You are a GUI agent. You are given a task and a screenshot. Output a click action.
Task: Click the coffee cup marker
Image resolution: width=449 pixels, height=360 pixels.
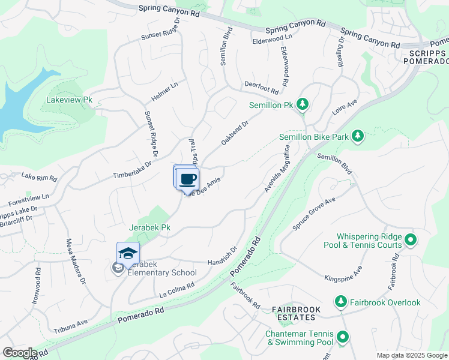point(188,179)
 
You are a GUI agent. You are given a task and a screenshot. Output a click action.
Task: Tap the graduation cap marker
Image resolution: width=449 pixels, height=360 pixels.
point(128,254)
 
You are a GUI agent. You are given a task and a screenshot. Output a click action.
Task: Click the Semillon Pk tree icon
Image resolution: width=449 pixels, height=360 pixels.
point(304,105)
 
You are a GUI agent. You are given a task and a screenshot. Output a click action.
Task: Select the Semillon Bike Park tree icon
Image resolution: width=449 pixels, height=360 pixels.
point(358,136)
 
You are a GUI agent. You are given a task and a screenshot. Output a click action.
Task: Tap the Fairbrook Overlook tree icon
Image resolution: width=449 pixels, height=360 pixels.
point(341,301)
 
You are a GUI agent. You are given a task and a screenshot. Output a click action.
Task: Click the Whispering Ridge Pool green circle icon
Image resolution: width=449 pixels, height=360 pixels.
point(411,241)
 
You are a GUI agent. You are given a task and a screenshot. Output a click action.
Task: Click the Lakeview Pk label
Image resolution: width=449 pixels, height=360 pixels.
point(70,100)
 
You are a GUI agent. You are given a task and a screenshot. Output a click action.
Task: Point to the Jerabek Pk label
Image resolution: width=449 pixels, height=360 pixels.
point(149,228)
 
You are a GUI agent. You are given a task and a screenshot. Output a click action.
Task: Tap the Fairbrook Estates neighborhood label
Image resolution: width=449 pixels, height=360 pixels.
point(296,313)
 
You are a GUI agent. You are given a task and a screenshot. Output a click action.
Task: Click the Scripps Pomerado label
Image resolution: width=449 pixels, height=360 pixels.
point(426,57)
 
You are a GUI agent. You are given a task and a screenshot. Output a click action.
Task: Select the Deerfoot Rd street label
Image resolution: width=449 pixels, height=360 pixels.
point(261,88)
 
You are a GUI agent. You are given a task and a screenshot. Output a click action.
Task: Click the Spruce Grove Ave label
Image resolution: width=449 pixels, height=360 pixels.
point(313,214)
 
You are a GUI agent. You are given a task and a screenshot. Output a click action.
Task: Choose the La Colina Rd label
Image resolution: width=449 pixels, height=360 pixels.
point(178,290)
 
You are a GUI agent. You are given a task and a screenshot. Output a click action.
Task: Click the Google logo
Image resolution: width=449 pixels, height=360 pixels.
point(19,353)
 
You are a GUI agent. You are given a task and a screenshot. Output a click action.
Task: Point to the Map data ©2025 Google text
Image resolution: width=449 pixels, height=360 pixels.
point(411,355)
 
